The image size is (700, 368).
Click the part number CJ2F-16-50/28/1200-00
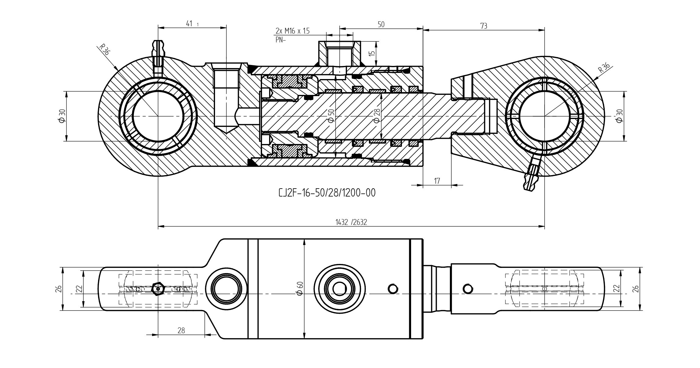[x=327, y=193]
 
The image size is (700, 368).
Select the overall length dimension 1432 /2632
[x=351, y=222]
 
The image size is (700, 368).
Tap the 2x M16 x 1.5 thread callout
[x=292, y=31]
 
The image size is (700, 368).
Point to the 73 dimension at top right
[x=483, y=26]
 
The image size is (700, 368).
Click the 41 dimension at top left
[x=189, y=23]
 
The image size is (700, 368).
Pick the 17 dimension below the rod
[x=437, y=181]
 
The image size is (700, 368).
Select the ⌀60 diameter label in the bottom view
[x=300, y=288]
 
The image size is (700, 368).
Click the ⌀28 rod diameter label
[x=377, y=116]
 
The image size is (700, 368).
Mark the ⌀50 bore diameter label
[x=331, y=116]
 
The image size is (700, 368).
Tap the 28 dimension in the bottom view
[x=181, y=330]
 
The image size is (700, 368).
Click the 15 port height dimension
[x=372, y=53]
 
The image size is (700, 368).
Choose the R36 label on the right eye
[x=603, y=67]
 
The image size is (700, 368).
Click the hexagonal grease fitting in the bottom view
[x=158, y=288]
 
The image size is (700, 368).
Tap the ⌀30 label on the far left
[x=62, y=116]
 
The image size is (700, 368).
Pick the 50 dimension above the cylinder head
[x=381, y=24]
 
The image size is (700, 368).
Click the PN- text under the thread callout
[x=280, y=40]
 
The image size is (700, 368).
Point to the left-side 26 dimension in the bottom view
[x=59, y=289]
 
